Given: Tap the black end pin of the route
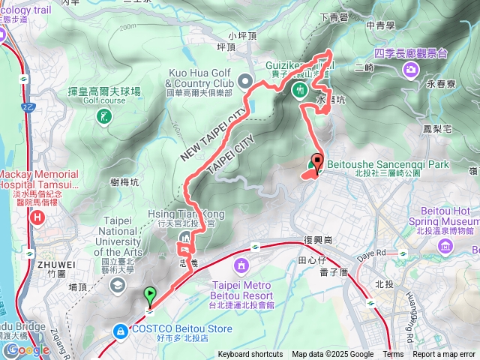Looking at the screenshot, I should pyautogui.click(x=316, y=161).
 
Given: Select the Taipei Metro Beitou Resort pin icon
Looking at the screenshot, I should pyautogui.click(x=241, y=265).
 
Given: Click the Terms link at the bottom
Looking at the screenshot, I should pyautogui.click(x=393, y=355).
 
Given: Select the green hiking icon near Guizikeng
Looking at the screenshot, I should pyautogui.click(x=298, y=90).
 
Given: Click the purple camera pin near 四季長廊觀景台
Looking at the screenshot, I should pyautogui.click(x=410, y=70).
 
